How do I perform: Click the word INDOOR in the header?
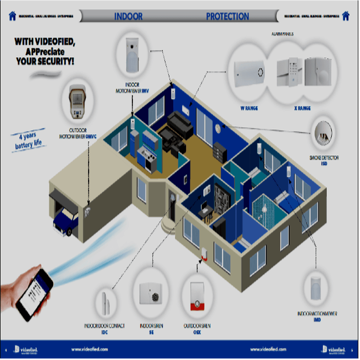[x=128, y=16]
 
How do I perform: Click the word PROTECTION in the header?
[x=227, y=16]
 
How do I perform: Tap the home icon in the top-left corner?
[x=13, y=15]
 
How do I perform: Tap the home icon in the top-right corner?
[x=346, y=15]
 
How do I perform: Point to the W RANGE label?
[x=249, y=108]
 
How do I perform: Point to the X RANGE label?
[x=302, y=108]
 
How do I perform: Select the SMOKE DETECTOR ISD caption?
[x=324, y=160]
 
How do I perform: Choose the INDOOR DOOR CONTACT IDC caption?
[x=104, y=329]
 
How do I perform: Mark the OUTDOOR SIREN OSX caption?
[x=197, y=329]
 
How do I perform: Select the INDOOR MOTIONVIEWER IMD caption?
[x=317, y=316]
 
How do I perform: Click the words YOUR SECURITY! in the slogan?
[x=45, y=62]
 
